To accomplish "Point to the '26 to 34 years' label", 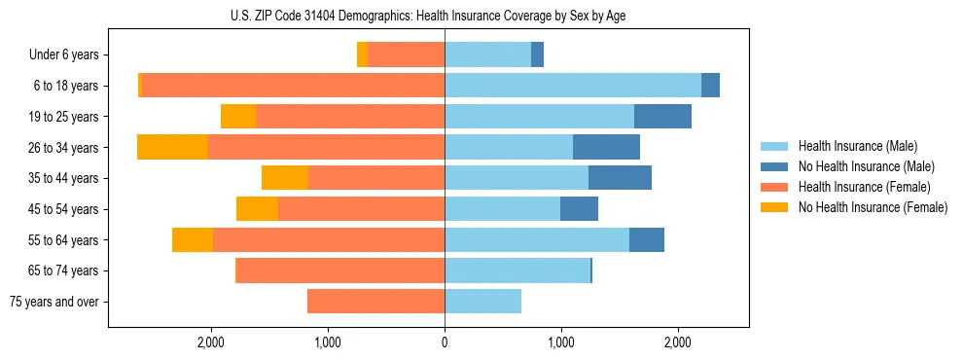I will [64, 148].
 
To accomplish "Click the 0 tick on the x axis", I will [445, 342].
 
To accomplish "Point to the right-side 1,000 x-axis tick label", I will [561, 342].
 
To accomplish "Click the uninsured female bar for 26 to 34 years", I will [172, 147].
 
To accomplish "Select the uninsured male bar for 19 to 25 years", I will [662, 117].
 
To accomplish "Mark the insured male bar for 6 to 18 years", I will [573, 86].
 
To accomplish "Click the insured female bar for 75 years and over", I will [375, 302].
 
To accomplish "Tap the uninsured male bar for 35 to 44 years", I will [620, 178].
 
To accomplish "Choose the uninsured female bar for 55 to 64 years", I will [193, 240].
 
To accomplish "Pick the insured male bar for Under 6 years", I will [487, 54].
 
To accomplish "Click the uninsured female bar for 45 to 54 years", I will [257, 209].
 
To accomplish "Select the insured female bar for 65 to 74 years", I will [340, 270].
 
